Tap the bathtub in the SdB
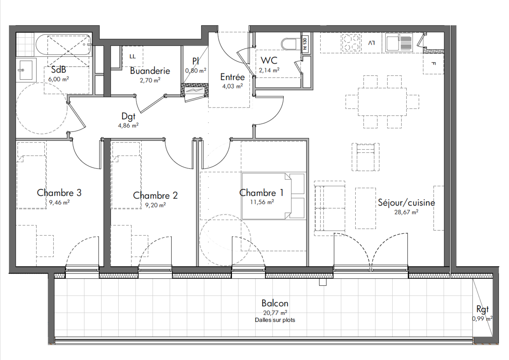[63, 45]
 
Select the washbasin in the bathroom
[26, 70]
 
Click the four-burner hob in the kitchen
[351, 43]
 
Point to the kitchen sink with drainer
[399, 43]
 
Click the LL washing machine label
[133, 56]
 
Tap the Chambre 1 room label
[261, 193]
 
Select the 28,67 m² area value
[406, 212]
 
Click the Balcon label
[275, 303]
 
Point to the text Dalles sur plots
[275, 320]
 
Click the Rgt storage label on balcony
[482, 309]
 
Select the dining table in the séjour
[382, 102]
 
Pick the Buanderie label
[150, 71]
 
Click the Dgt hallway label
[129, 116]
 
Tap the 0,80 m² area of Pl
[196, 71]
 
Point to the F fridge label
[434, 64]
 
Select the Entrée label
[233, 77]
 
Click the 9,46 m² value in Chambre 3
[59, 202]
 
